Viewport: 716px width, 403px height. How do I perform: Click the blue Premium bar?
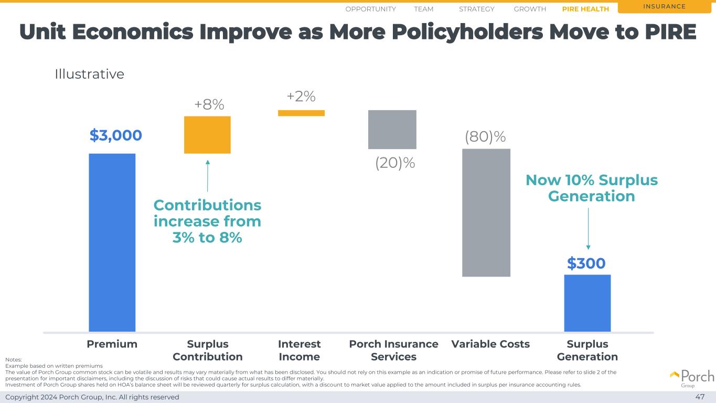pyautogui.click(x=112, y=242)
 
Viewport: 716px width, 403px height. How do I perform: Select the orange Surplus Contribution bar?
pyautogui.click(x=207, y=135)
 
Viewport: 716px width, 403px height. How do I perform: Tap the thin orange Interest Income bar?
pyautogui.click(x=301, y=113)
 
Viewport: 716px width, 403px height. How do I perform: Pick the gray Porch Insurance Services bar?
pyautogui.click(x=392, y=129)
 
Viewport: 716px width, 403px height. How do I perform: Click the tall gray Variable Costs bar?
pyautogui.click(x=486, y=213)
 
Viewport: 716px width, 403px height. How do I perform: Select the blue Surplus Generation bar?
pyautogui.click(x=587, y=303)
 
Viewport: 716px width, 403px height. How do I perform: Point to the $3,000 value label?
pyautogui.click(x=115, y=135)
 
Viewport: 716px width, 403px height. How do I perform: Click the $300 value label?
pyautogui.click(x=586, y=263)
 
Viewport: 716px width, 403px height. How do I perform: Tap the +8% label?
pyautogui.click(x=209, y=105)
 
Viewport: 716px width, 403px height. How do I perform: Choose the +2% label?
pyautogui.click(x=301, y=97)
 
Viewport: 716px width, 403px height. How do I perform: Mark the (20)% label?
pyautogui.click(x=395, y=163)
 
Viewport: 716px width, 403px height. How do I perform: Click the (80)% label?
pyautogui.click(x=485, y=137)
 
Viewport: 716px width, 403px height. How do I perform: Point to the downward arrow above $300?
pyautogui.click(x=588, y=229)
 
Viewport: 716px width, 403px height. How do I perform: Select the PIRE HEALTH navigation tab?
pyautogui.click(x=585, y=9)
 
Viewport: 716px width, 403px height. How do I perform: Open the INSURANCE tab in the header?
pyautogui.click(x=666, y=7)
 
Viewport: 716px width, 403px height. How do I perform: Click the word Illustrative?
pyautogui.click(x=90, y=75)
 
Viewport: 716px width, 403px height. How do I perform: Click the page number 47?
pyautogui.click(x=700, y=397)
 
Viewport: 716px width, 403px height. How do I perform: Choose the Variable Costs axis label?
pyautogui.click(x=490, y=344)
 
